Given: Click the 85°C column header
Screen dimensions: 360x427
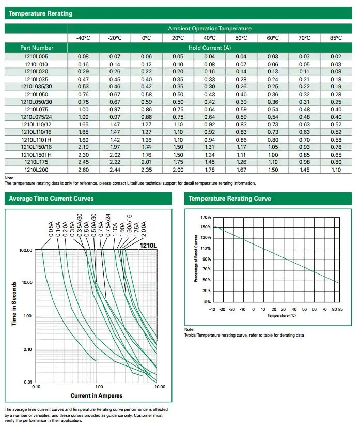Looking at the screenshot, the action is click(336, 38).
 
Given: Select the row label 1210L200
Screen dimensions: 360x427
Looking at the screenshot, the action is click(36, 170).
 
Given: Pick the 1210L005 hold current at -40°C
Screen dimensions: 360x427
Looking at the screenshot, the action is click(83, 57).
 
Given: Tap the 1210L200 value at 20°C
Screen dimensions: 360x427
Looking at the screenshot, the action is click(178, 170).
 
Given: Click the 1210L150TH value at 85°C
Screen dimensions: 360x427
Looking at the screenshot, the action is click(336, 155).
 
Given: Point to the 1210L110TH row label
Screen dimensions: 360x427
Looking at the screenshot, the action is click(36, 140).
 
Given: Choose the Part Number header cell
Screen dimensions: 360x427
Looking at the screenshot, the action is click(37, 48).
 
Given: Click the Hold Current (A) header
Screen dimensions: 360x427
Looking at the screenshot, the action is click(210, 48).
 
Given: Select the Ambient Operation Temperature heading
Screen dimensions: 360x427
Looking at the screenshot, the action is click(210, 28).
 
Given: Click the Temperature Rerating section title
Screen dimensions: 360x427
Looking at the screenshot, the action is click(40, 13).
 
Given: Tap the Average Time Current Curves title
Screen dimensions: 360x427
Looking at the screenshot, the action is click(51, 199).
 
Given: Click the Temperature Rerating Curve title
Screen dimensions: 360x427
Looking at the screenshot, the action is click(230, 199).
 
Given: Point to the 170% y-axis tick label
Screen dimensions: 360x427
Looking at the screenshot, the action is click(206, 217).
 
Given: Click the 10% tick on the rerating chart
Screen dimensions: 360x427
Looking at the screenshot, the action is click(207, 302).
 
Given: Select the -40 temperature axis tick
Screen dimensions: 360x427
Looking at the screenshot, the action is click(212, 309).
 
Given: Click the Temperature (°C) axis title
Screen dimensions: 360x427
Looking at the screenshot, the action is click(281, 315).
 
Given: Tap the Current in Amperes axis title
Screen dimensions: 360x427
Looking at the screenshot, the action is click(96, 395).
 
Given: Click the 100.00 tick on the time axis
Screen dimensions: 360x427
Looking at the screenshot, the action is click(26, 250).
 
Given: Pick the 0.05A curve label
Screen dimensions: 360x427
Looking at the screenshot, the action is click(51, 230).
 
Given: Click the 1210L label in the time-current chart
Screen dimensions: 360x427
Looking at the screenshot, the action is click(148, 246).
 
